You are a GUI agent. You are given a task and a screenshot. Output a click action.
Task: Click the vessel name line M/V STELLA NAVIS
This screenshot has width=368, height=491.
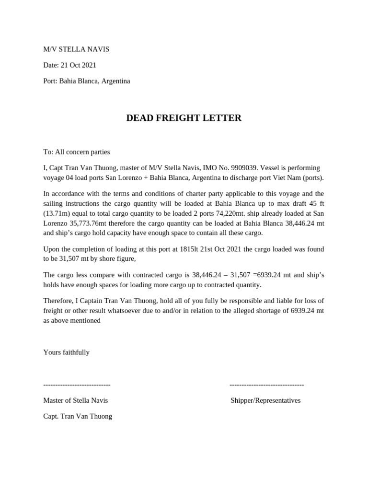pyautogui.click(x=76, y=49)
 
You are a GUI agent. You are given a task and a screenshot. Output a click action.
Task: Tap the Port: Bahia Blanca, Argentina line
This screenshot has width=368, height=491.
pyautogui.click(x=86, y=81)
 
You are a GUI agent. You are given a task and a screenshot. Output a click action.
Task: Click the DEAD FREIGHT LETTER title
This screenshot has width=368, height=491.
pyautogui.click(x=184, y=118)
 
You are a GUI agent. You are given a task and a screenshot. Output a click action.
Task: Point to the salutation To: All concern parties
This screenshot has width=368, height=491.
pyautogui.click(x=76, y=152)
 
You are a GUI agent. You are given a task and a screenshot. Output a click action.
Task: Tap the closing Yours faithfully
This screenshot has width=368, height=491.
pyautogui.click(x=66, y=352)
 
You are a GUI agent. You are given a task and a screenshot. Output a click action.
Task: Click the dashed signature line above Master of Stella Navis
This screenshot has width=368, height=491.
pyautogui.click(x=77, y=385)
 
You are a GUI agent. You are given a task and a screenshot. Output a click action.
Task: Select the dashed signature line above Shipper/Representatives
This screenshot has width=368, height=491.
pyautogui.click(x=266, y=385)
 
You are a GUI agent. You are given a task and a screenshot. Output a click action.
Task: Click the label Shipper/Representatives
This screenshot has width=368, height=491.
pyautogui.click(x=265, y=400)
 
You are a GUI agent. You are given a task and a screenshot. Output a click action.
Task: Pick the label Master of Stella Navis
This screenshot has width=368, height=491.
pyautogui.click(x=75, y=400)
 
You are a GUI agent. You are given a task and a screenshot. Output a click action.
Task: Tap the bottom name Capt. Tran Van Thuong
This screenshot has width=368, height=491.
pyautogui.click(x=78, y=416)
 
